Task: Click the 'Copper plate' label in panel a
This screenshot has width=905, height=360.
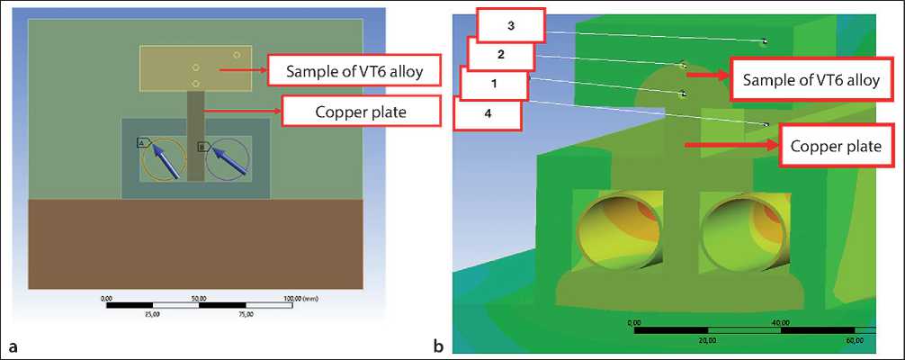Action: click(363, 112)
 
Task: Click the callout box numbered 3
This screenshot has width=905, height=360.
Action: click(510, 25)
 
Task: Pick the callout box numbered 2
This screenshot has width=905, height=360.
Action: click(500, 54)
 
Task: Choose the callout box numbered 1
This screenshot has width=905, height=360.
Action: click(493, 84)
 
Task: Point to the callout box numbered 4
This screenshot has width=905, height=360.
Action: click(488, 114)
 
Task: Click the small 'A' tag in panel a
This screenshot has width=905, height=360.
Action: click(142, 143)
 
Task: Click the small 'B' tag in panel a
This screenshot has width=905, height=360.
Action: click(202, 146)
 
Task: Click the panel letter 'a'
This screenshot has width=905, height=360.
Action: click(13, 345)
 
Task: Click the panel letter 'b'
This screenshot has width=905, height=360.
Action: click(438, 345)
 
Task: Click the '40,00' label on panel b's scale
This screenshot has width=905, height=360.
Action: click(779, 322)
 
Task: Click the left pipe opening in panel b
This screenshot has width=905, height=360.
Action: click(620, 232)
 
